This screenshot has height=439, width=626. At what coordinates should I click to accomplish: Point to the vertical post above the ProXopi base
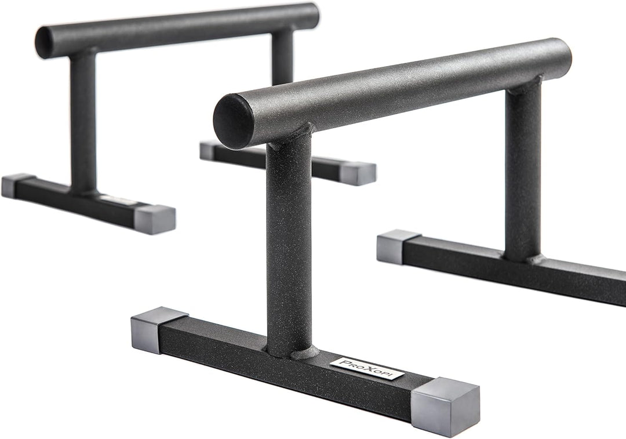coord(289,244)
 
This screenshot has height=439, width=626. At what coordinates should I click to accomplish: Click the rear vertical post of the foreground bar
coord(523,168)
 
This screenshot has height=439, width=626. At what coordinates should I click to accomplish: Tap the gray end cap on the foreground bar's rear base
coord(397,246)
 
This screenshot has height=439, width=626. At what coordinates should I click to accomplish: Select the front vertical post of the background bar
coord(83,122)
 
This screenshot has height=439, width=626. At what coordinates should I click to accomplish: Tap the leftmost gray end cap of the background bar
coord(16,185)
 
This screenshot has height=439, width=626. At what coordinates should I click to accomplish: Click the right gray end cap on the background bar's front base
coord(154,219)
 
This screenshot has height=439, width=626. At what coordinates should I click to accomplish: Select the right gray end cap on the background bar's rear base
coord(357,173)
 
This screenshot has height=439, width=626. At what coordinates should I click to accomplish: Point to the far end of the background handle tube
coord(310,16)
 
